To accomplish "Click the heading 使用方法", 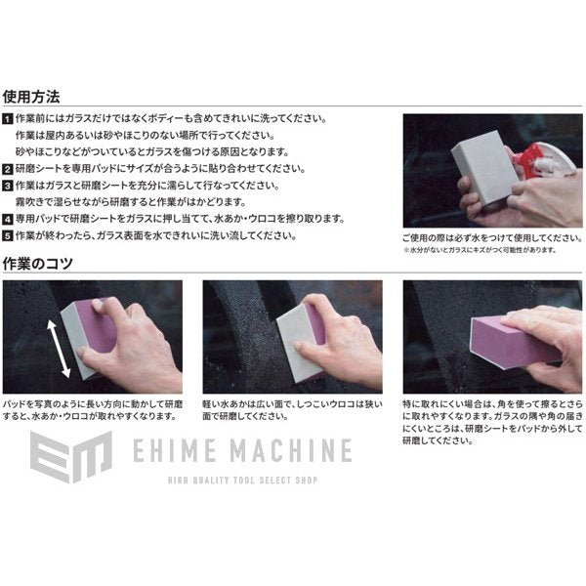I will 31,97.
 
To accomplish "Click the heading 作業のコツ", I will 39,264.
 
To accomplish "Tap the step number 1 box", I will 8,119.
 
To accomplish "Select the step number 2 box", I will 8,169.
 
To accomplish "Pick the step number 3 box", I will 8,186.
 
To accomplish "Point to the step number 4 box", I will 8,219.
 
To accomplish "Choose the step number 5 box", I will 8,236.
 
